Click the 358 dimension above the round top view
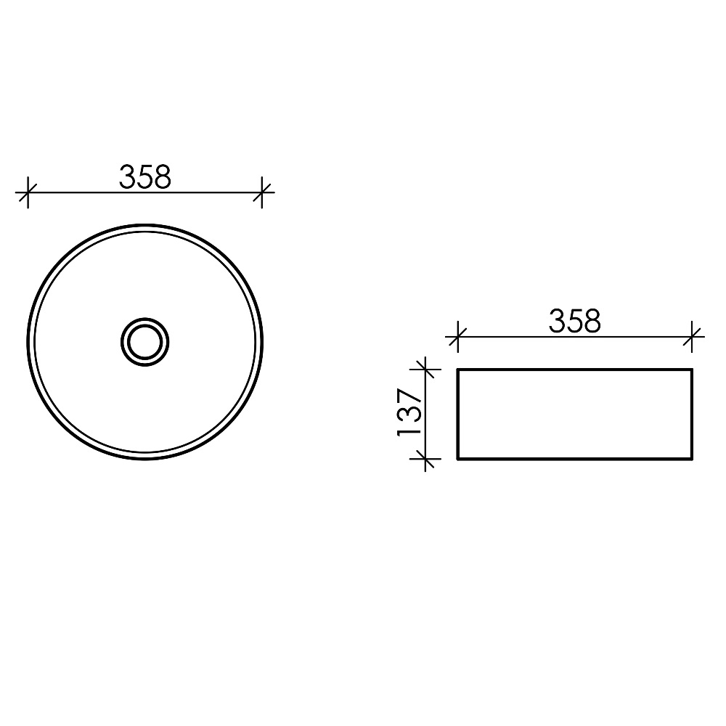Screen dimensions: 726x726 click(x=145, y=177)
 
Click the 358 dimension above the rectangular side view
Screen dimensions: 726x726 click(x=575, y=322)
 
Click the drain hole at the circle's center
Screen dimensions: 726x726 click(x=145, y=342)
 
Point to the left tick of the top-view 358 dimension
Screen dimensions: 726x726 click(x=28, y=192)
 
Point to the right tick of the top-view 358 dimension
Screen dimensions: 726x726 click(x=262, y=192)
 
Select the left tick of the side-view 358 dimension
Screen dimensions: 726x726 click(x=457, y=337)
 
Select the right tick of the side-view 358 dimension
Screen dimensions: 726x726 click(x=692, y=337)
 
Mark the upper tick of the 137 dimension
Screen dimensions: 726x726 click(x=425, y=370)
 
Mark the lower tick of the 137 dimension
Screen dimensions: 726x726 click(x=425, y=459)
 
